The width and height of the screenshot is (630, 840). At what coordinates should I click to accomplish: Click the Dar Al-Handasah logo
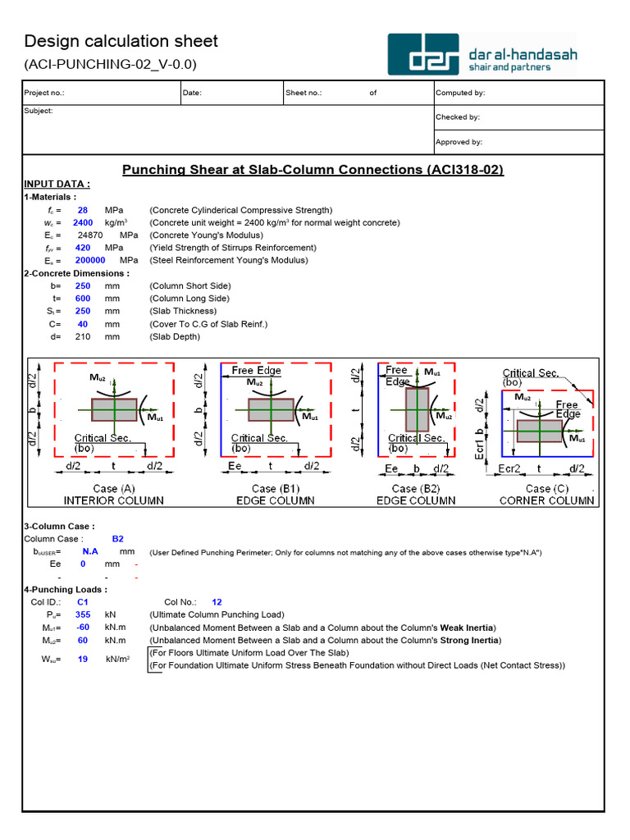click(x=482, y=55)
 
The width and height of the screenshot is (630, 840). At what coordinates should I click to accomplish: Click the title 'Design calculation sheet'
click(x=121, y=41)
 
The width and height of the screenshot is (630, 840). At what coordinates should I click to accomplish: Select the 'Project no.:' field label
click(x=44, y=93)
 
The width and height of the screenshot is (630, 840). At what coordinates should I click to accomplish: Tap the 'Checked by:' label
click(x=458, y=117)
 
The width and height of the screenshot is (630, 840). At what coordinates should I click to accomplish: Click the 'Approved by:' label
click(x=459, y=142)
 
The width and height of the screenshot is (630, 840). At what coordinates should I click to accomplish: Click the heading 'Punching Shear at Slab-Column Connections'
click(x=313, y=170)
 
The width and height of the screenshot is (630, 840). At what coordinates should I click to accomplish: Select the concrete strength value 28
click(x=82, y=210)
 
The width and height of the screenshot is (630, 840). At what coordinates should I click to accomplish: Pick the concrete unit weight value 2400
click(x=82, y=222)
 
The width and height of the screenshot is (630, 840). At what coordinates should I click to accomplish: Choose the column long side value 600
click(x=82, y=299)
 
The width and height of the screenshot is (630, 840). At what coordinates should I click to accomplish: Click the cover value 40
click(x=82, y=324)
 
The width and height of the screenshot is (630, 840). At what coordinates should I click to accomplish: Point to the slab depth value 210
click(x=82, y=336)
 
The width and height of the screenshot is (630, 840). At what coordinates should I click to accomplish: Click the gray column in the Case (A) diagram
click(x=114, y=409)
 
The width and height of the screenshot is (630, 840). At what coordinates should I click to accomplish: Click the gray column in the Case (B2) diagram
click(x=418, y=409)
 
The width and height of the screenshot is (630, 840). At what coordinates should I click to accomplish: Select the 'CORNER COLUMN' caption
click(x=546, y=500)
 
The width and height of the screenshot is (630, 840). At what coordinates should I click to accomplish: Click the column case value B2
click(x=117, y=539)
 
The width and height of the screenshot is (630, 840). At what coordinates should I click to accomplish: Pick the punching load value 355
click(x=82, y=614)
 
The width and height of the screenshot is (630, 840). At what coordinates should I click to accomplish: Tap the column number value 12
click(x=217, y=601)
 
